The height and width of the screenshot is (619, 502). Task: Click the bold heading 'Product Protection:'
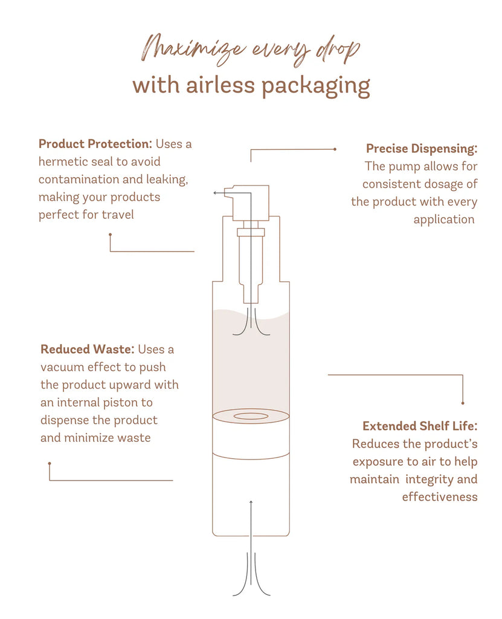(95, 144)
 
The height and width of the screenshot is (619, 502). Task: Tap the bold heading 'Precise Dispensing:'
(422, 149)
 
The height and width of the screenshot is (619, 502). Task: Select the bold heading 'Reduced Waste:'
(88, 349)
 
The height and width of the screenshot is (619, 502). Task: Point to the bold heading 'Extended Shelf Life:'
(420, 426)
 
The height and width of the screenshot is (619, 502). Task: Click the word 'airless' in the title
(219, 85)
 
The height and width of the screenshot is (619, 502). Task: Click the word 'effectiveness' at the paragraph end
(440, 497)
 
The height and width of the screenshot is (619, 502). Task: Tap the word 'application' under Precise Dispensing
(444, 219)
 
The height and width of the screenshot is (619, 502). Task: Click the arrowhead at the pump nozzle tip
(214, 193)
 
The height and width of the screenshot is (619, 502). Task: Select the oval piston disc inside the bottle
(251, 416)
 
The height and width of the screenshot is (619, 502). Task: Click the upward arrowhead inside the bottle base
(251, 502)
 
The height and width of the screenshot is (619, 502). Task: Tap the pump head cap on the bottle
(251, 203)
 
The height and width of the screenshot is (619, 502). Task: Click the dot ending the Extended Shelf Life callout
(463, 403)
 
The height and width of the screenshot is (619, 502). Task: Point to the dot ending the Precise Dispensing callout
(335, 149)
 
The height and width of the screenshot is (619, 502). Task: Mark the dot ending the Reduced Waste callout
(50, 464)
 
